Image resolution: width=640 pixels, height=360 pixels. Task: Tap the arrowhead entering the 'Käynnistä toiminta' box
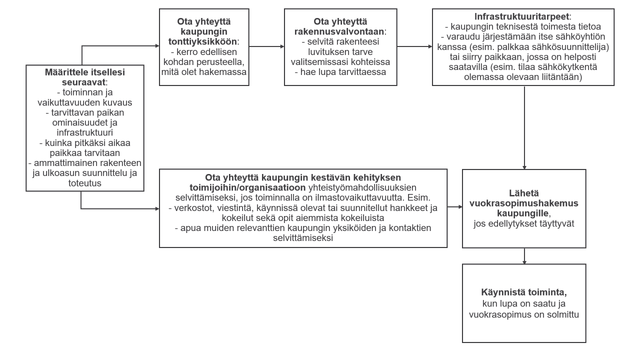click(x=523, y=262)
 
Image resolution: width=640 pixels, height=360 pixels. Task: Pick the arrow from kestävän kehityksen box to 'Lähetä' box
click(x=454, y=206)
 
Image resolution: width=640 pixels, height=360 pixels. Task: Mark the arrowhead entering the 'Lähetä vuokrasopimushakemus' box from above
click(x=523, y=166)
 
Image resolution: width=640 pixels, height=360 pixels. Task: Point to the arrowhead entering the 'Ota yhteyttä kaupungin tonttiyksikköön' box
click(x=156, y=46)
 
